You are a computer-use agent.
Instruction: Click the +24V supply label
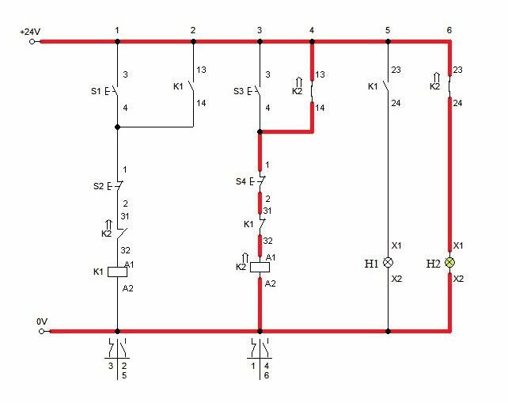coord(30,32)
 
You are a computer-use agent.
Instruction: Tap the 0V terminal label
coord(42,321)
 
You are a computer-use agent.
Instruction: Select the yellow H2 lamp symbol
coord(449,262)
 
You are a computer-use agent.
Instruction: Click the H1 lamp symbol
coord(389,262)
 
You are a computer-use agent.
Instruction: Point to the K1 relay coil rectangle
coord(117,272)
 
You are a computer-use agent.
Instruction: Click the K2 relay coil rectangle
coord(260,267)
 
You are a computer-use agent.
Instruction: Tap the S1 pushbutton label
coord(96,91)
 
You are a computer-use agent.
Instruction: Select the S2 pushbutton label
coord(98,186)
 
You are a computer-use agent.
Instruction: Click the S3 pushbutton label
coord(238,91)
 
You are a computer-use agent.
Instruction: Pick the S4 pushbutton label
coord(241,181)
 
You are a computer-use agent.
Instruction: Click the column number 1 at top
coord(117,30)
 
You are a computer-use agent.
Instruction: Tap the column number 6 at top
coord(449,30)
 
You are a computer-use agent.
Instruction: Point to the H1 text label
coord(371,264)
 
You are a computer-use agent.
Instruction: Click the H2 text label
coord(433,264)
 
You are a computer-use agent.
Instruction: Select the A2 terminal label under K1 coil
coord(127,288)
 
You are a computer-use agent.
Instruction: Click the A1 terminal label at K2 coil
coord(271,257)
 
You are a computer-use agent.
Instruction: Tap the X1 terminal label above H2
coord(458,245)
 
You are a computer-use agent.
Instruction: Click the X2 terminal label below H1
coord(396,279)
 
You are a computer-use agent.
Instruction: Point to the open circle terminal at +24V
coord(32,41)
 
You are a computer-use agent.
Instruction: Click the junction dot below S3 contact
coord(260,131)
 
